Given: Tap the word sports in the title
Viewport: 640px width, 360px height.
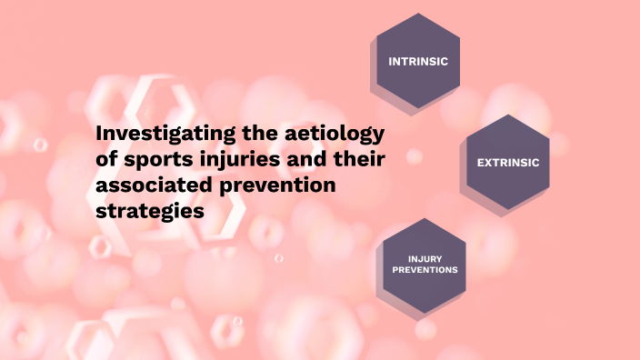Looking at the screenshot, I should click(151, 161).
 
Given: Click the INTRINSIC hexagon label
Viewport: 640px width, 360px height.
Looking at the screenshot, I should click(418, 62).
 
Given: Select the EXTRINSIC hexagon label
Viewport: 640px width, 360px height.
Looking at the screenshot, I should click(508, 163).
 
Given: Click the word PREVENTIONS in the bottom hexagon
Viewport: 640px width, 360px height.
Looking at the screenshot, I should click(425, 270).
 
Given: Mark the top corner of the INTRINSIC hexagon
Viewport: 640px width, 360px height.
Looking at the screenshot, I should click(418, 14).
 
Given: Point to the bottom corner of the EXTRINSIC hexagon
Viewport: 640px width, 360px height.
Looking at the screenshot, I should click(508, 211).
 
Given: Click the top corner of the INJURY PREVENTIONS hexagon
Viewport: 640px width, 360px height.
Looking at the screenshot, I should click(425, 218).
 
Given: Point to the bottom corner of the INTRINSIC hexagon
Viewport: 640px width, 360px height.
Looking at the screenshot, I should click(418, 109).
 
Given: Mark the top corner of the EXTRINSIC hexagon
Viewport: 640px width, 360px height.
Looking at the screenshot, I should click(508, 115).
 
